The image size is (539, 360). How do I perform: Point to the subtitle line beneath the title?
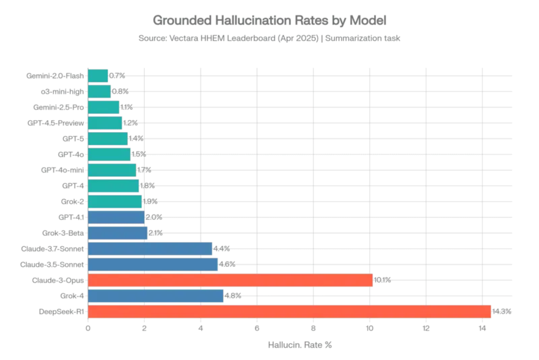(269, 38)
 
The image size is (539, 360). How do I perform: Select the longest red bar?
(290, 311)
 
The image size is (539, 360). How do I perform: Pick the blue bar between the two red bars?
(156, 296)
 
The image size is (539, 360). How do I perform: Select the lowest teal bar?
(115, 202)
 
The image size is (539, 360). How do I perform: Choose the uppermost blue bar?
(117, 217)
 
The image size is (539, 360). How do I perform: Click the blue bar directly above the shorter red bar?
(154, 264)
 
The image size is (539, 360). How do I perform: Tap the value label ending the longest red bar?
(503, 311)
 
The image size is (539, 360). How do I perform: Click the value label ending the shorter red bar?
(383, 280)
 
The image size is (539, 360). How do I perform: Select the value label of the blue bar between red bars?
(232, 296)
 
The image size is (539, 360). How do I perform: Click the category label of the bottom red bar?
(61, 311)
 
